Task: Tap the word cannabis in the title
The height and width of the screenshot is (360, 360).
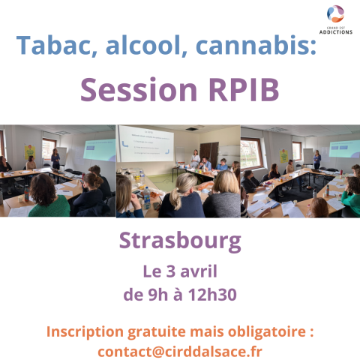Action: tap(253, 45)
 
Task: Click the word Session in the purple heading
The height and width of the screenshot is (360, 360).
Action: tap(139, 89)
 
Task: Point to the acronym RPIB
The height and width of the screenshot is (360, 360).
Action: tap(244, 89)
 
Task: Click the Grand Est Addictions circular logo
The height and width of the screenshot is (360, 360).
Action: tap(335, 13)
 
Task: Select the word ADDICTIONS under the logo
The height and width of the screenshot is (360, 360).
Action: tap(336, 32)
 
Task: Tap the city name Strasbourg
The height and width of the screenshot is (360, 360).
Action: tap(180, 241)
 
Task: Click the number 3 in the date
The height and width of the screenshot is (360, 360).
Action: tap(171, 271)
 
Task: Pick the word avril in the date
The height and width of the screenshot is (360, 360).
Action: tap(199, 271)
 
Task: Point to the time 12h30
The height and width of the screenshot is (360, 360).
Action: tap(212, 295)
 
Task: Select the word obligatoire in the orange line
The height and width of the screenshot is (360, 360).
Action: tap(267, 331)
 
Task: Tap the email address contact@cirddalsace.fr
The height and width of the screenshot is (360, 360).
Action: tap(180, 352)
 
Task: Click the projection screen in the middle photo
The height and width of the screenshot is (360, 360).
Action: tap(146, 143)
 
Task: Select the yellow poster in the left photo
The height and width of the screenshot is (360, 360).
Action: tap(30, 151)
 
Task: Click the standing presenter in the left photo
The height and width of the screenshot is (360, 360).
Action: tap(55, 159)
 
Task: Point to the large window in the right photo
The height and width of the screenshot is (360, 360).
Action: tap(251, 153)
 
